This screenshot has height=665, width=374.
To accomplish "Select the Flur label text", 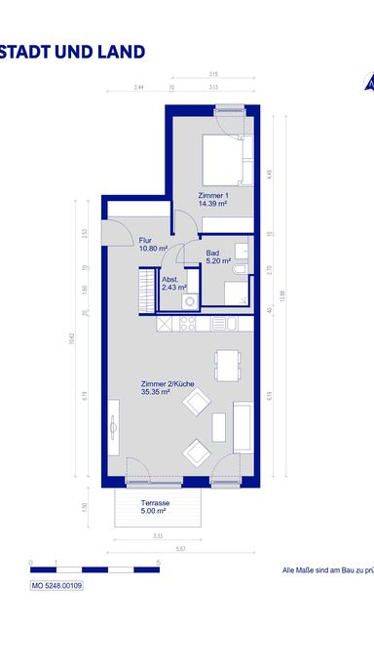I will click(146, 240).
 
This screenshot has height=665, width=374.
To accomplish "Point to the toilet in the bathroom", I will click(239, 265).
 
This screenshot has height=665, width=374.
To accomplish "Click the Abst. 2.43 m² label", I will click(173, 285).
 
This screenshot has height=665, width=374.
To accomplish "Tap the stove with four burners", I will click(183, 324).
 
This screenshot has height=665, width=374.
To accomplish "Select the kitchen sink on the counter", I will click(219, 323).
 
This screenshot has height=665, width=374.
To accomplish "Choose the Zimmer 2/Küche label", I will click(168, 388).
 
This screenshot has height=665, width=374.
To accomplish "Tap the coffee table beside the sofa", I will click(218, 426).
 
